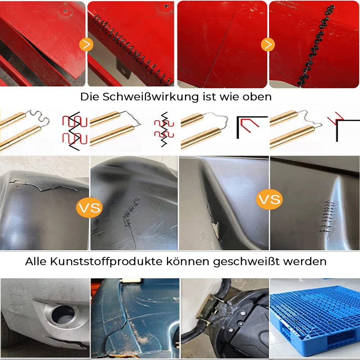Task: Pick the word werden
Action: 308,261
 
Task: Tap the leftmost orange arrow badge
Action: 85,44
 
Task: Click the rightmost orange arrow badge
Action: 268,44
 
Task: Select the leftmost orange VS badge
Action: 89,208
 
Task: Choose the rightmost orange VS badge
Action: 269,199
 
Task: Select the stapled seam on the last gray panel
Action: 328,215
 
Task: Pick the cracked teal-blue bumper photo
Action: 135,317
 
